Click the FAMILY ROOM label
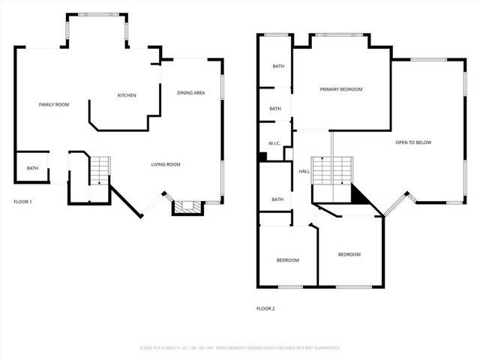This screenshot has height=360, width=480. tap(54, 104)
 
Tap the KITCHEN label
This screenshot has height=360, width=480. tap(127, 95)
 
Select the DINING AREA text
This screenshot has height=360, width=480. tap(190, 93)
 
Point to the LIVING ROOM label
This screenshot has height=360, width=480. tap(166, 164)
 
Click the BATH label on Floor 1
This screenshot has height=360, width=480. tap(32, 168)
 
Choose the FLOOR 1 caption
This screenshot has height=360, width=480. tap(22, 202)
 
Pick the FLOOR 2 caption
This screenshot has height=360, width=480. tap(265, 308)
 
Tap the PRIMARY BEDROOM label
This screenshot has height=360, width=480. tap(341, 89)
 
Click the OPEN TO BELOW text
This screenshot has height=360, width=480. tap(413, 142)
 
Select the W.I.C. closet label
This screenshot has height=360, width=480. tap(274, 143)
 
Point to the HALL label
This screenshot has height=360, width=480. tap(304, 172)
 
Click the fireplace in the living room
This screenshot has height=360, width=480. tap(187, 207)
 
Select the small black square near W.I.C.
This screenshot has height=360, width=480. tap(262, 157)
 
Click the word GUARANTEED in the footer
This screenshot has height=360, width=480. tap(323, 348)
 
